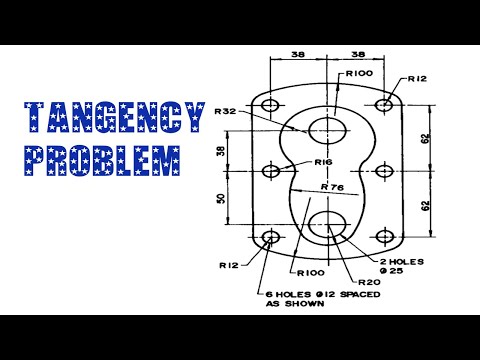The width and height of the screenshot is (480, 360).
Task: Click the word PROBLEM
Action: (x=104, y=158)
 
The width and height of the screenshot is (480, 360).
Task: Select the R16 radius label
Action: (x=323, y=162)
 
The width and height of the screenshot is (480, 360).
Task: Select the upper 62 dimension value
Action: (x=424, y=138)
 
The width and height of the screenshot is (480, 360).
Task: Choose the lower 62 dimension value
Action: (x=424, y=205)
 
